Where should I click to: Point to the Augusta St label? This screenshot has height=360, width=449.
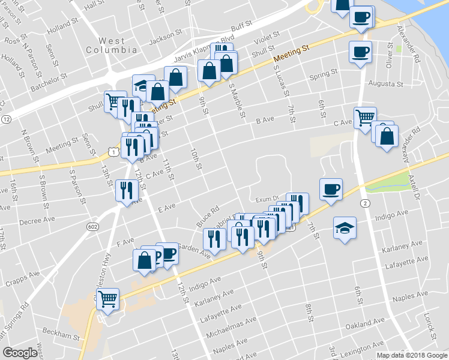coord(384,83)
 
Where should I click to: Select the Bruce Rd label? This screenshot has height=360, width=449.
coord(206,218)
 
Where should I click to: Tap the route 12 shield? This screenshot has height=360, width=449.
coord(6,119)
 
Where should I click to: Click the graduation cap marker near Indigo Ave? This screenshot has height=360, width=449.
coord(345,227)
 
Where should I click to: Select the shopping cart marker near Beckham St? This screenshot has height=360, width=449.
coord(107,298)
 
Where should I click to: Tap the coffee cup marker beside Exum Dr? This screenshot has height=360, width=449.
coord(331,190)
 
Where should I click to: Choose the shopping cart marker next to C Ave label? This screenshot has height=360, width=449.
coord(364,117)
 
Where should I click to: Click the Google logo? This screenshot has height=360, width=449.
coord(20,353)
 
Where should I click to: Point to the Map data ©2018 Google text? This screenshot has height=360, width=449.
coord(411,355)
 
